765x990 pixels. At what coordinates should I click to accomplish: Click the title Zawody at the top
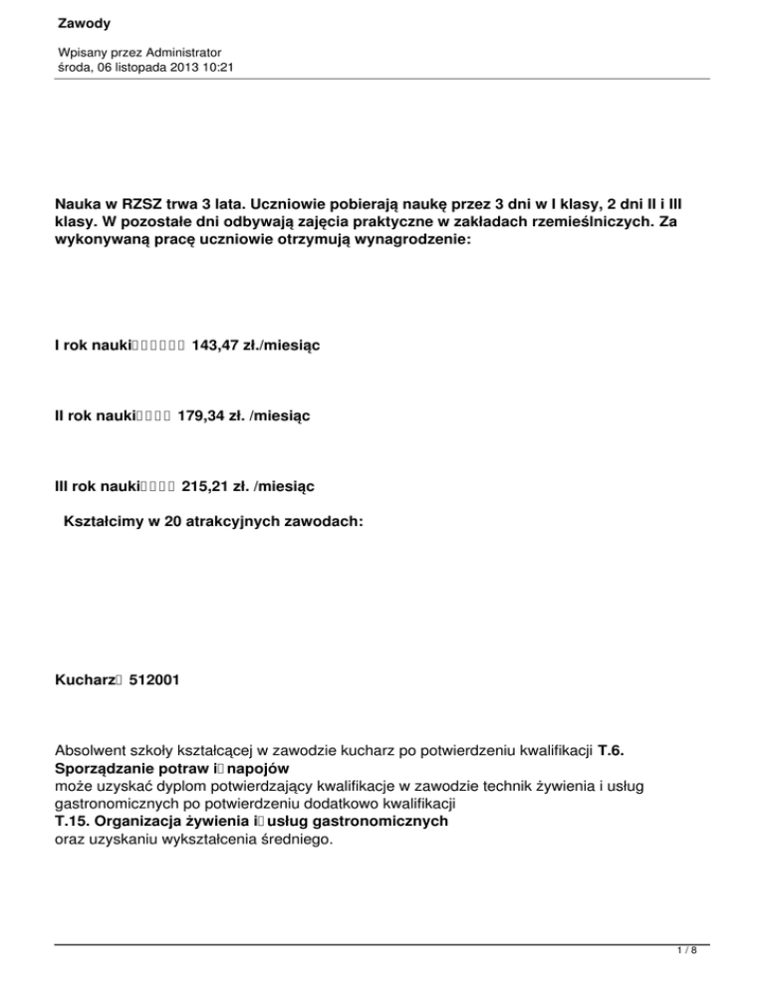[x=85, y=21]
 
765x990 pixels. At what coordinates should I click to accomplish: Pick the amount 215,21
[x=204, y=485]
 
